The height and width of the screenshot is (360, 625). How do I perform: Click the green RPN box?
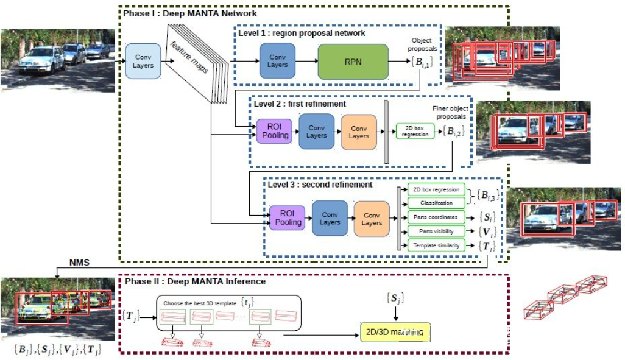click(353, 61)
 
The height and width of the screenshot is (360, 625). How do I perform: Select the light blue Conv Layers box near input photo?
click(143, 61)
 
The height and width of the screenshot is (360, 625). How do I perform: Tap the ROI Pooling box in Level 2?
click(275, 132)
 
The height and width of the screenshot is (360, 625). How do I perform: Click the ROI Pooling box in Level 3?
click(288, 218)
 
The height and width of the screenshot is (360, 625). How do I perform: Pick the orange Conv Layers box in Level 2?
click(359, 132)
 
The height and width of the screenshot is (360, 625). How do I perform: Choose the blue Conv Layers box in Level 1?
click(277, 61)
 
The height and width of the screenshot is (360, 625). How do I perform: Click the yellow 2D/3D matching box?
click(395, 332)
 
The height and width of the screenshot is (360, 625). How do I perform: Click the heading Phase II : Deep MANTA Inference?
click(195, 281)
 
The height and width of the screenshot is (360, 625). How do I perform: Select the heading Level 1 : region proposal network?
click(302, 33)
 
